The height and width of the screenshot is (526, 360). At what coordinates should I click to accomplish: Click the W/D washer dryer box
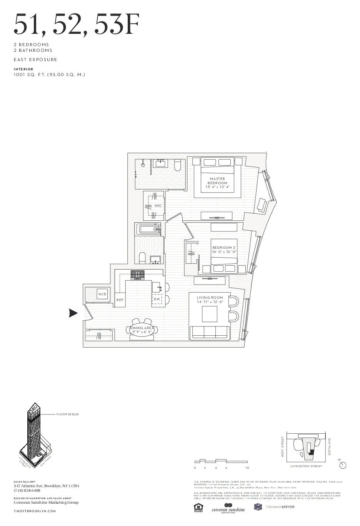102,294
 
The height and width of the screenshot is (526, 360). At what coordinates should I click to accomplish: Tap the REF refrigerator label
120,300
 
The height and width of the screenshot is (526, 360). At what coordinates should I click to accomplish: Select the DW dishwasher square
157,299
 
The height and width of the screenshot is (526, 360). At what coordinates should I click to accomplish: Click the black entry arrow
73,313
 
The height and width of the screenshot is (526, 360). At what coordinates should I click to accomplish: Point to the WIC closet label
158,206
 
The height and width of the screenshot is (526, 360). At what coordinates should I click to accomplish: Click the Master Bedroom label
217,181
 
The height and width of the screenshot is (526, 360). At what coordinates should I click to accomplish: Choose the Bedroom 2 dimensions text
224,252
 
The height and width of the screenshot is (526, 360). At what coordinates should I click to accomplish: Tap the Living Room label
210,298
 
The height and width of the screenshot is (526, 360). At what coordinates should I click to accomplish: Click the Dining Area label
142,328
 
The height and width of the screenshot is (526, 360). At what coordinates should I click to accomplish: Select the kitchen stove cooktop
138,275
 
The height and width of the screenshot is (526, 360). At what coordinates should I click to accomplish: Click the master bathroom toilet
178,165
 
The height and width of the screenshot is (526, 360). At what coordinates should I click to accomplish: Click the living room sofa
210,332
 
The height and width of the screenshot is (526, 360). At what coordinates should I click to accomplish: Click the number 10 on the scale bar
247,468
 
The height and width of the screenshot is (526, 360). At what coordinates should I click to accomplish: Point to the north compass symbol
343,465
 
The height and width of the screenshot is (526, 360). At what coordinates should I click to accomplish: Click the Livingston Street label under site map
306,466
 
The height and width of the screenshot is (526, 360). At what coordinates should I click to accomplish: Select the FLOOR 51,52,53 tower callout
67,414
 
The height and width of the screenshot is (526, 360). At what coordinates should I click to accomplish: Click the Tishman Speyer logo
274,507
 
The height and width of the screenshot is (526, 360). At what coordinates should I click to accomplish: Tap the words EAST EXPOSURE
35,60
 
